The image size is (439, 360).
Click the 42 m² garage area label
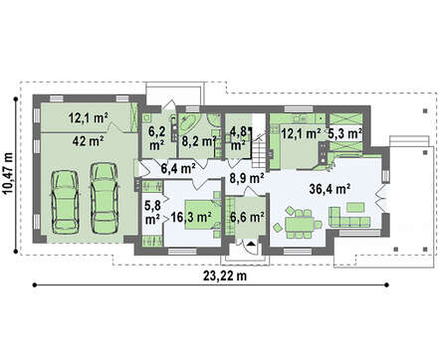coord(88,141)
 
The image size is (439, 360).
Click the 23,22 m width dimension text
coord(225,275)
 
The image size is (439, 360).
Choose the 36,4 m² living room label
coord(330,189)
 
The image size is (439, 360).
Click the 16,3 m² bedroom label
coord(191,217)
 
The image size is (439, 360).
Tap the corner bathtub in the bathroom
coord(189,123)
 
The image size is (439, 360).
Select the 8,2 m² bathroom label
coord(199,141)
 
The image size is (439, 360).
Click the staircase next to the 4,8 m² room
coord(259,148)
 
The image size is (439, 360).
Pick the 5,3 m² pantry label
coord(344,134)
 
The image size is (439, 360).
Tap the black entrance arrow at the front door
coord(251,244)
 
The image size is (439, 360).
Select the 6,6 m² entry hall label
coord(247,217)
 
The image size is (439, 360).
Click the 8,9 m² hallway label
coord(247,178)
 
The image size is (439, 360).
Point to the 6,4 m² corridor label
coord(178,168)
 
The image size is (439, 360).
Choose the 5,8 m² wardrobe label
coord(152,212)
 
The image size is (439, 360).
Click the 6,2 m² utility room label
coord(156,138)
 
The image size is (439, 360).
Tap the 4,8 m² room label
coord(238,138)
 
